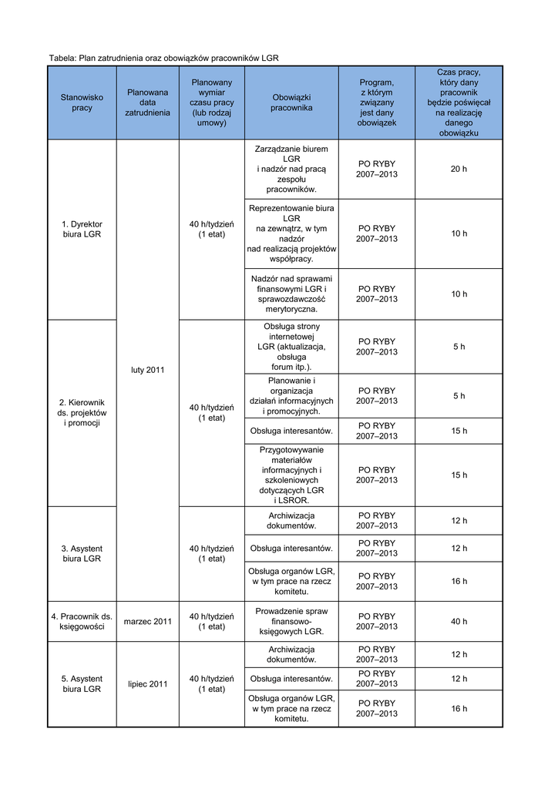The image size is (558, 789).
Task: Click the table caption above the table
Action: tap(163, 58)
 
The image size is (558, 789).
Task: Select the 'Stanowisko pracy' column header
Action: tap(82, 102)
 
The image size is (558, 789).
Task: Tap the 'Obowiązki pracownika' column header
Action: tap(291, 102)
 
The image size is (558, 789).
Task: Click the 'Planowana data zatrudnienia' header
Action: tap(147, 102)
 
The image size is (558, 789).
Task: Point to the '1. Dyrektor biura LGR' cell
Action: tap(82, 229)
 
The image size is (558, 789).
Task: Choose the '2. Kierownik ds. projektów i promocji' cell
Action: tap(82, 412)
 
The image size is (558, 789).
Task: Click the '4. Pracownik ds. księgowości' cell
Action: tap(82, 621)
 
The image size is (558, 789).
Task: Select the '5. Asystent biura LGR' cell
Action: tap(82, 683)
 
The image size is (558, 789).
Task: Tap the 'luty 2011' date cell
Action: tap(147, 370)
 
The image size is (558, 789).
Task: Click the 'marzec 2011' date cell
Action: tap(147, 621)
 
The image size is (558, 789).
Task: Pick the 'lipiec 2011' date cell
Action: tap(147, 683)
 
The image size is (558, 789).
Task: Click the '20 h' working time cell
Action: tap(459, 169)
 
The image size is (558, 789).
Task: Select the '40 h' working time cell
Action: tap(459, 621)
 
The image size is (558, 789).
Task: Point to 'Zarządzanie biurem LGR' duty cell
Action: tap(291, 169)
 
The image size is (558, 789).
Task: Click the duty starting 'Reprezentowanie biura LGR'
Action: tap(291, 233)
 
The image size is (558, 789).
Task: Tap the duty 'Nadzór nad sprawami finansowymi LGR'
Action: tap(291, 294)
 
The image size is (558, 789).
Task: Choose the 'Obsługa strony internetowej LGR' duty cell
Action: tap(291, 347)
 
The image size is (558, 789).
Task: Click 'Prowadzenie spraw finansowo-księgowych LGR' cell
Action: tap(291, 621)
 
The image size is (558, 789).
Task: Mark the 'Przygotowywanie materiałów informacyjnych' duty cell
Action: tap(291, 475)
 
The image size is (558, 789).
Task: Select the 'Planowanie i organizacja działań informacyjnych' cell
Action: tap(291, 395)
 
